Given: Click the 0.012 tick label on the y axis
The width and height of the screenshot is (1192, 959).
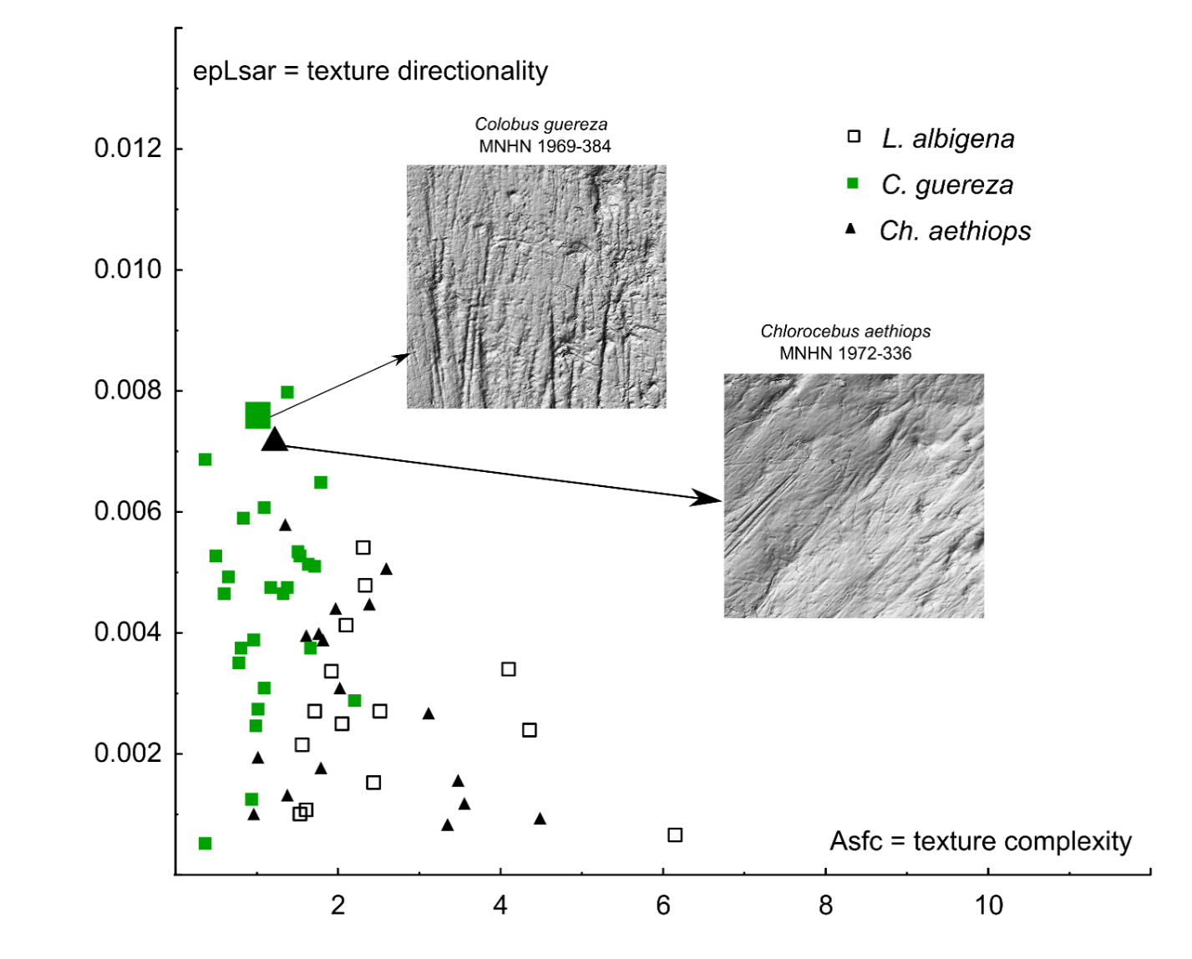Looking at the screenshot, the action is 128,149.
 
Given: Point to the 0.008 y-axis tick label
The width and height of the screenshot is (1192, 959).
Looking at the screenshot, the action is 128,390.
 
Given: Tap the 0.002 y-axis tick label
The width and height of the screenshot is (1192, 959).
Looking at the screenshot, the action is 128,753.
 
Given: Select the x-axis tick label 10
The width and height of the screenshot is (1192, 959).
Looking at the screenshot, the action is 989,906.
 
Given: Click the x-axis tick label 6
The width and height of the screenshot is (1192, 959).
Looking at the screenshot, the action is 663,906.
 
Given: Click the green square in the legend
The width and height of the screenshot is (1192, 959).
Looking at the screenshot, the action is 853,184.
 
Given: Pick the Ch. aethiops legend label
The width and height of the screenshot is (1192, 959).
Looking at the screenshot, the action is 955,231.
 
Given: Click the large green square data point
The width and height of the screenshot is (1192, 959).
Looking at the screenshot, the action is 257,415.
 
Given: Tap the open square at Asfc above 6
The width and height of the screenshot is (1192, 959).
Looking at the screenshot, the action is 675,835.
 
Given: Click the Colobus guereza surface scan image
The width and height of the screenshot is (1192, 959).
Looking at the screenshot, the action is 537,287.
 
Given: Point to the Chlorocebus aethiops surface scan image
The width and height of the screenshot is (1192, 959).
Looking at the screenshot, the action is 854,495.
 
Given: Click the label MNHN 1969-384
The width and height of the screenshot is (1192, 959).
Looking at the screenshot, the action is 545,146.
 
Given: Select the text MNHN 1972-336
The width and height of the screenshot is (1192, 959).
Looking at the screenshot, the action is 845,353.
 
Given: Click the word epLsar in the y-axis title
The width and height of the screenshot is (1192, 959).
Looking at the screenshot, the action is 234,72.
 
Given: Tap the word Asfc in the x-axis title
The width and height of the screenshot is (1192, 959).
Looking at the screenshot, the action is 855,841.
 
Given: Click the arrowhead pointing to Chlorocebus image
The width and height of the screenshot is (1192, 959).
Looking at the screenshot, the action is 706,498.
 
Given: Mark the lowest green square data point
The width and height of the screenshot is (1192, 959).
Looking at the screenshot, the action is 205,843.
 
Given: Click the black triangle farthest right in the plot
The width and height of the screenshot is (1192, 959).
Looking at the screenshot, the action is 540,819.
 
